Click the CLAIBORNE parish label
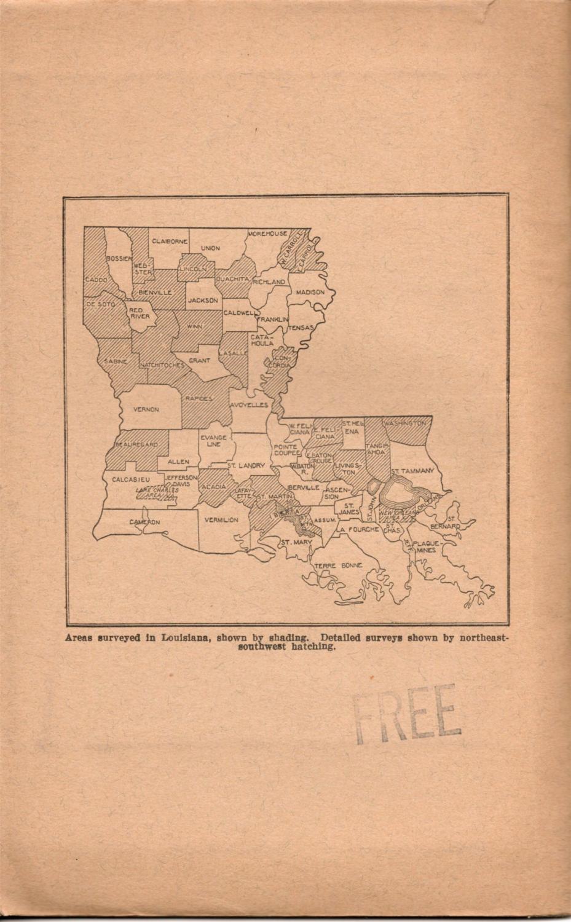point(170,242)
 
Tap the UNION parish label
point(210,248)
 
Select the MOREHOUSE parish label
point(267,234)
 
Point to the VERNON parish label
point(146,409)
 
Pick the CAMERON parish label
point(144,522)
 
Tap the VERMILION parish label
point(221,520)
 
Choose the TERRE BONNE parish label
point(339,565)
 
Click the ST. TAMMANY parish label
point(413,471)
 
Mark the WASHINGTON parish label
point(405,424)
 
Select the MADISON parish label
point(310,293)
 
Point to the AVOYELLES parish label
point(250,406)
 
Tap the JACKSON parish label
point(203,301)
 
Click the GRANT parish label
point(200,361)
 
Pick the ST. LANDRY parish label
point(246,466)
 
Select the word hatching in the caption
point(313,646)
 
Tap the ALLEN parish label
point(179,462)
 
